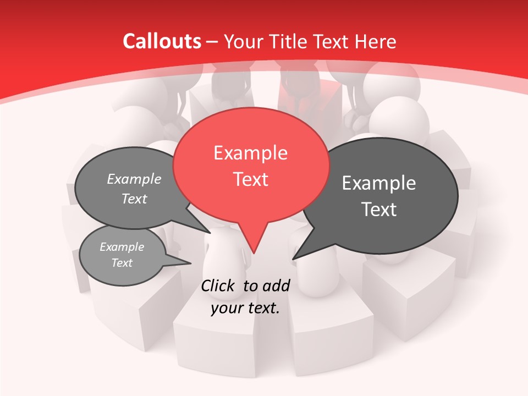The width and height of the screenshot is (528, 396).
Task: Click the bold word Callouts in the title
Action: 162,41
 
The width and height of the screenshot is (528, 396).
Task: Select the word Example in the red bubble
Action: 250,153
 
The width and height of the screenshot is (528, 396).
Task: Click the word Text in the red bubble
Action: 250,179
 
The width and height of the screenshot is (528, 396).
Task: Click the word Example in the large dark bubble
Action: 379,183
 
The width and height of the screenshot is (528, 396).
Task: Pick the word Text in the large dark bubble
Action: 379,210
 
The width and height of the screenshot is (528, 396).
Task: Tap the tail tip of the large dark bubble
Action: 293,258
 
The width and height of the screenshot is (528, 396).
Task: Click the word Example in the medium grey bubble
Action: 134,179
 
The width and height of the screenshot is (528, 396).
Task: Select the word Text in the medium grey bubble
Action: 134,199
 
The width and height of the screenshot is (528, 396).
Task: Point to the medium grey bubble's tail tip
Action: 210,233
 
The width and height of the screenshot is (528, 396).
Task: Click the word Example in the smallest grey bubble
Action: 122,247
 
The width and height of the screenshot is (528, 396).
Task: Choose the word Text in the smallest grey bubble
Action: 122,263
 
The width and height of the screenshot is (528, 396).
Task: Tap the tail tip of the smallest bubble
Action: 190,263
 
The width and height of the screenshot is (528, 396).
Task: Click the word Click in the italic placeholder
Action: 219,285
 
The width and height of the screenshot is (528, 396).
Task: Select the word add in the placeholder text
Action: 276,285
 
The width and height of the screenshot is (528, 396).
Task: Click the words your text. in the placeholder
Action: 245,308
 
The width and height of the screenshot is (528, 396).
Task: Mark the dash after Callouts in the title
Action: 212,42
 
